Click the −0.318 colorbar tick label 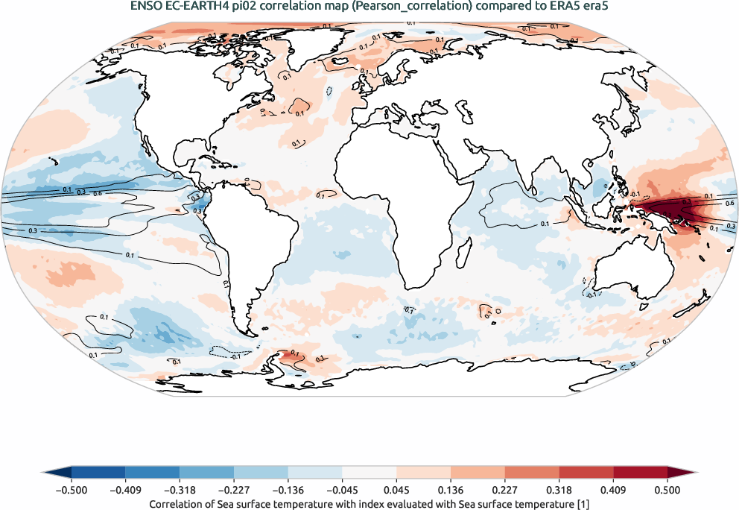pyautogui.click(x=180, y=490)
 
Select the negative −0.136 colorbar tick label pyautogui.click(x=288, y=490)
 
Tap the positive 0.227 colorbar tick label pyautogui.click(x=505, y=490)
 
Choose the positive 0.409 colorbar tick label pyautogui.click(x=613, y=490)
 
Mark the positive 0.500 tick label pyautogui.click(x=667, y=490)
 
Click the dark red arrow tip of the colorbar pyautogui.click(x=681, y=472)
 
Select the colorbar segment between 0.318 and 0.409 pyautogui.click(x=586, y=472)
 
